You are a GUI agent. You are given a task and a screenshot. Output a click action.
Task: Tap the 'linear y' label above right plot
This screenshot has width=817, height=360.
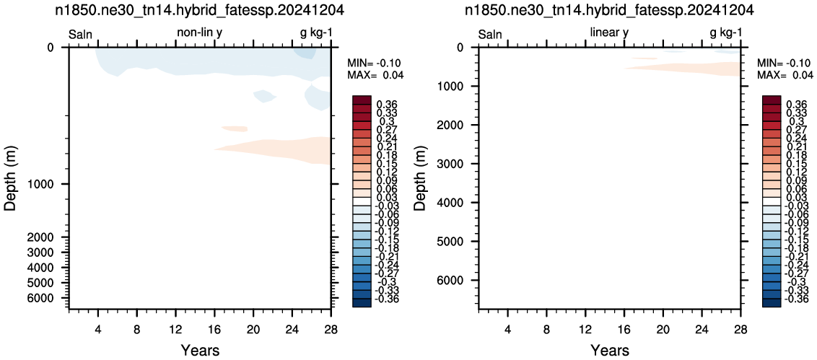[x=609, y=33]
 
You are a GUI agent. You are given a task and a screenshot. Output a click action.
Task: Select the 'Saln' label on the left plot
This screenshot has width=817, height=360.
[x=81, y=35]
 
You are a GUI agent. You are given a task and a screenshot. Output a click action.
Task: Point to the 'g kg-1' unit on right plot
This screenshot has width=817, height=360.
[x=725, y=33]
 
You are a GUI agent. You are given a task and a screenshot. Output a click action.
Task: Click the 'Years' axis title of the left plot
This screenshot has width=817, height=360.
[x=200, y=349]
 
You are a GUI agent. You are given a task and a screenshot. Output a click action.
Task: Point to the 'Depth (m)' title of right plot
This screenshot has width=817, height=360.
[x=420, y=177]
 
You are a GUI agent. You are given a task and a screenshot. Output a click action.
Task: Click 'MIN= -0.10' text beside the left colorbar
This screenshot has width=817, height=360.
[x=375, y=63]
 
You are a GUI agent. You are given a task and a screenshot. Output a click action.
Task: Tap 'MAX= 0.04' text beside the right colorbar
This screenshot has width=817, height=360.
[x=785, y=76]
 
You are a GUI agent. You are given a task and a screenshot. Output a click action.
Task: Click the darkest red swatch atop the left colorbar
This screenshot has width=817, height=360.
[x=362, y=100]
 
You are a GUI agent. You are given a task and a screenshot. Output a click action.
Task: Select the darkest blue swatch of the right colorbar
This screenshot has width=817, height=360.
[x=771, y=303]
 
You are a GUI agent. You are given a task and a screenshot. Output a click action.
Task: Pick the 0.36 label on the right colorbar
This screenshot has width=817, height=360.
[x=795, y=105]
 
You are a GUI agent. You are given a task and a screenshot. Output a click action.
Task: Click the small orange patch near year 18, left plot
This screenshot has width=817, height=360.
[x=235, y=128]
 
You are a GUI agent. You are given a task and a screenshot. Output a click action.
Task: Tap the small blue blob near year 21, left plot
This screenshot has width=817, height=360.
[x=264, y=96]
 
